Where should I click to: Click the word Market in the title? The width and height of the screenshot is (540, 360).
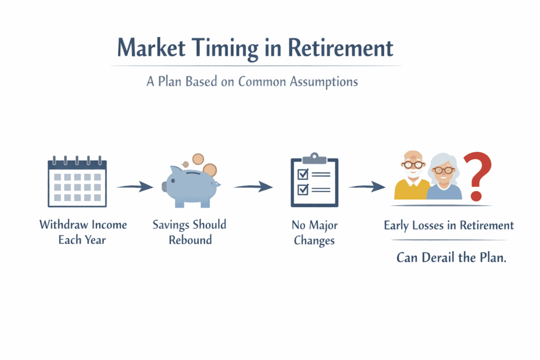(x=151, y=47)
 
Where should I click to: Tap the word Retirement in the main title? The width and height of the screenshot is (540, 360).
(x=340, y=47)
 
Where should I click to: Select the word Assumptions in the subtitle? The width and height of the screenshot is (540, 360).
(x=324, y=82)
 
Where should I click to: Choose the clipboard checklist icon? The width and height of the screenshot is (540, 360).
(x=314, y=180)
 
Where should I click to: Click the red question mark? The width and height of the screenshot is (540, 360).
(x=477, y=176)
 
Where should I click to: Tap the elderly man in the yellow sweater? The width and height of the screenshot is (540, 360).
(x=412, y=176)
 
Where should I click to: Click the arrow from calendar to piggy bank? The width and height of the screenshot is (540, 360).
(x=134, y=187)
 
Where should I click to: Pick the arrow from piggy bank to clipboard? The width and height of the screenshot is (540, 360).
(x=253, y=187)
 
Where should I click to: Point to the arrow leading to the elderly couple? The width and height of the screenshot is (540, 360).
(x=367, y=187)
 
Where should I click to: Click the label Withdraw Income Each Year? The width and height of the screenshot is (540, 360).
(x=83, y=232)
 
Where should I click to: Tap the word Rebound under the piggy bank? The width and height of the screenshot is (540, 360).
(x=190, y=240)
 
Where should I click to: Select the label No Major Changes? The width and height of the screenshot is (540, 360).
(x=314, y=233)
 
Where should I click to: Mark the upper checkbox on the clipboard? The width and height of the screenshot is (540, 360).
(x=303, y=174)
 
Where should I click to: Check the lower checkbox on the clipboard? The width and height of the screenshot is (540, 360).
(x=303, y=189)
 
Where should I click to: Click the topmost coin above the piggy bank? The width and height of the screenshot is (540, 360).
(x=198, y=159)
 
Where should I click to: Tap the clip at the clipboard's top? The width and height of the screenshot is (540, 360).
(x=314, y=158)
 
